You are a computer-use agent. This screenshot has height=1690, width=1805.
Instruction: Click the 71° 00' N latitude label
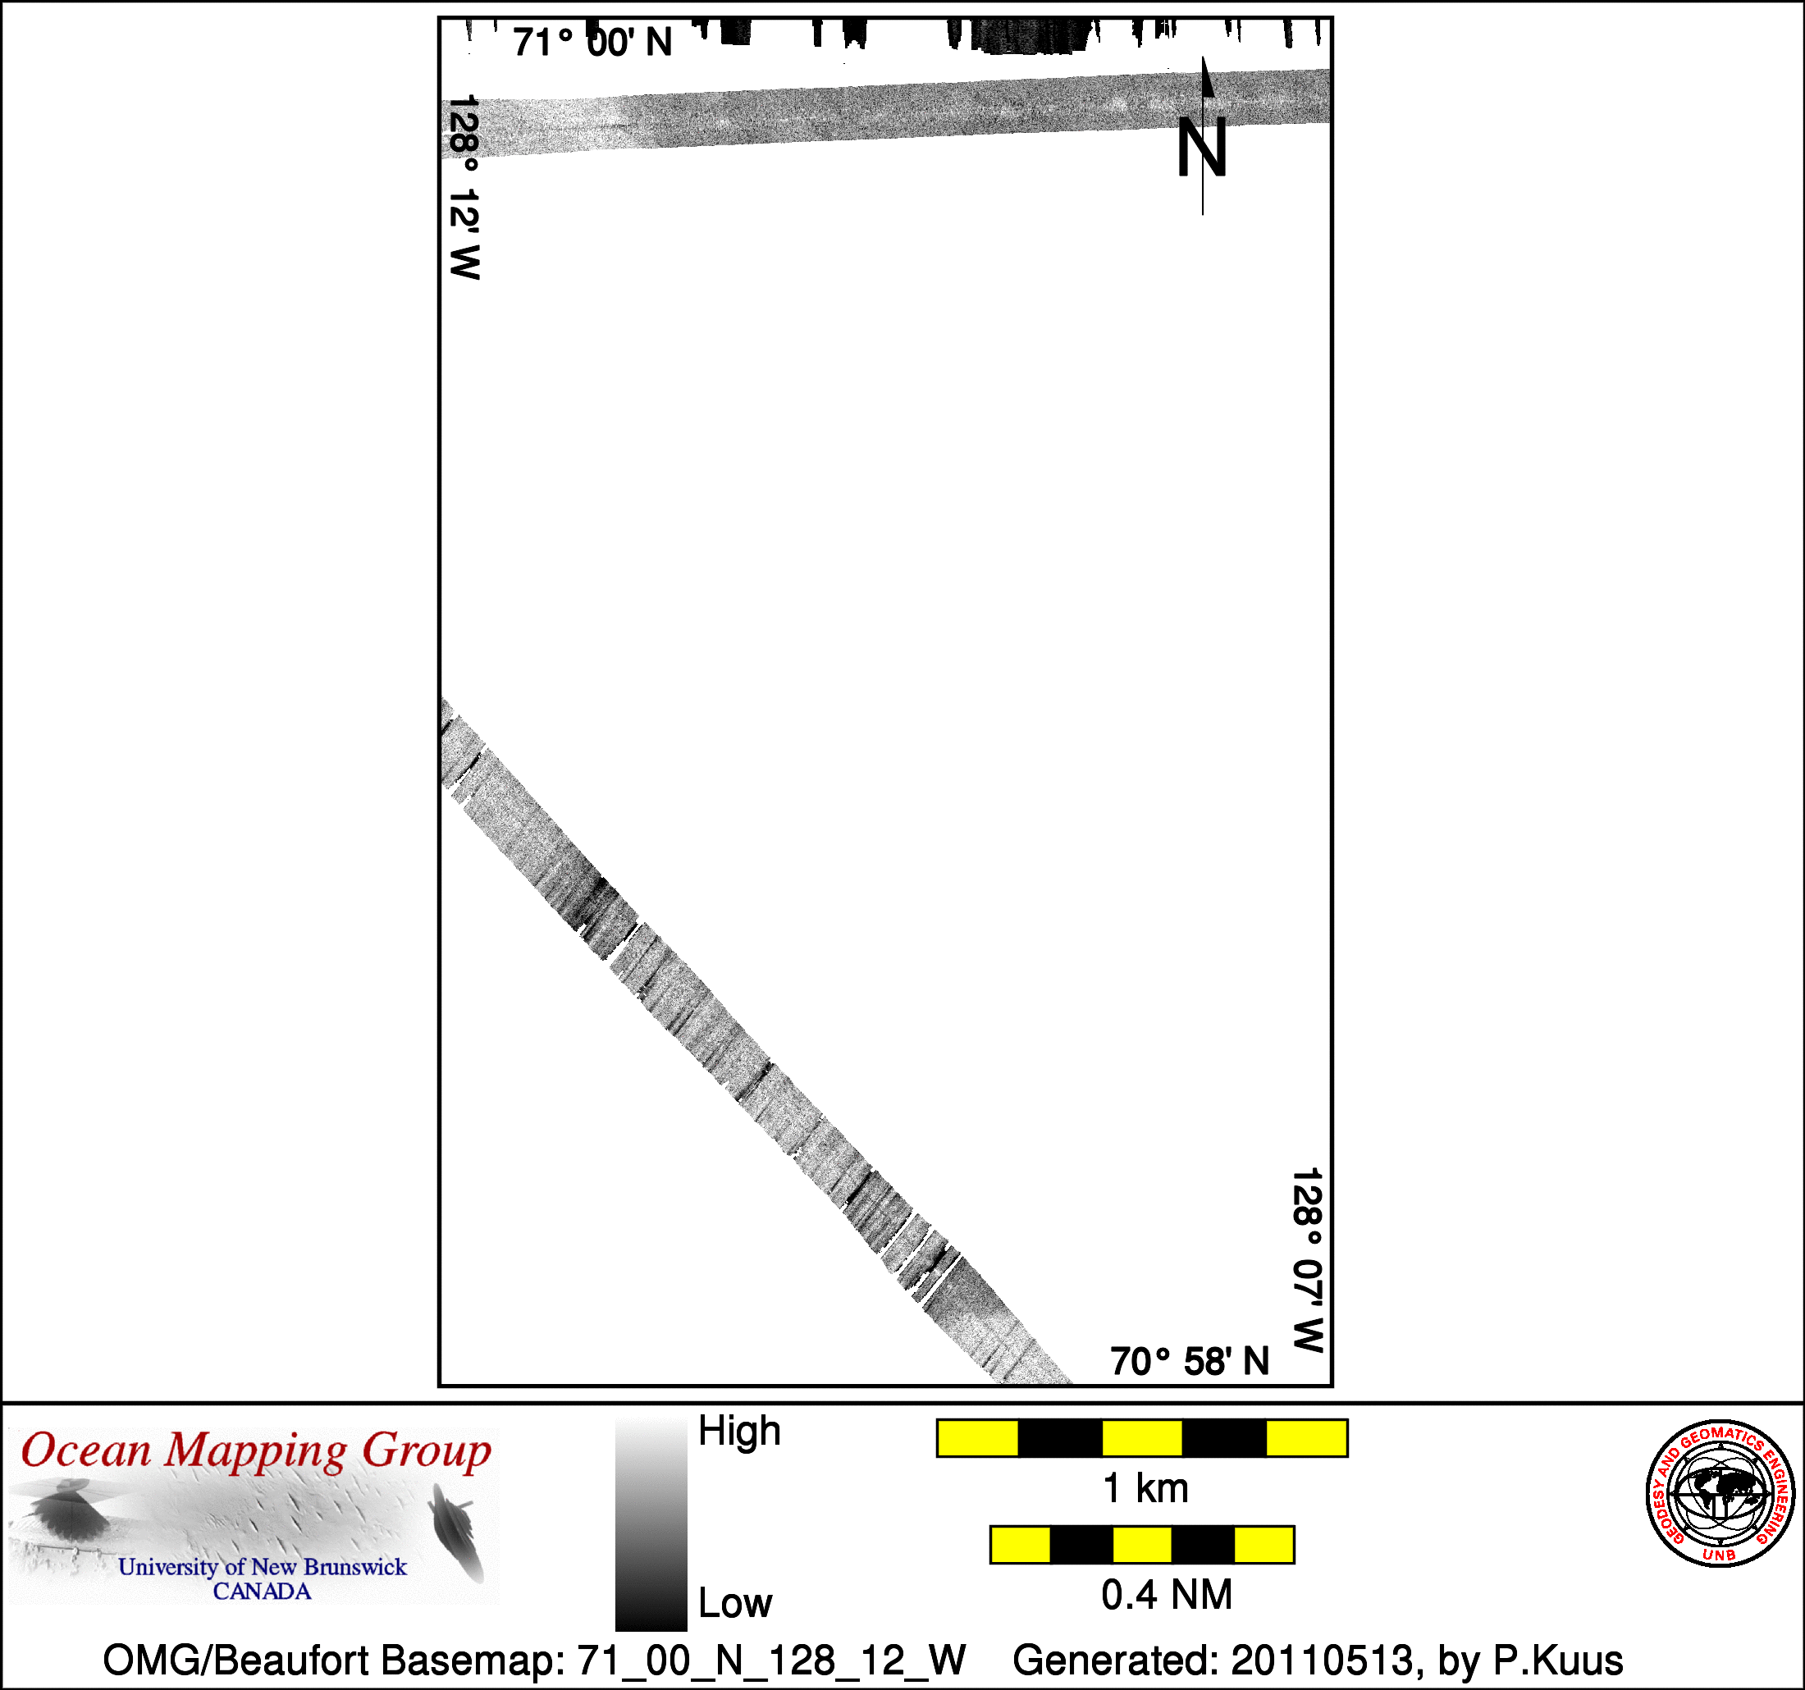(x=592, y=43)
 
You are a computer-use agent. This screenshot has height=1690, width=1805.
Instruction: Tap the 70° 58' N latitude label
(x=1190, y=1361)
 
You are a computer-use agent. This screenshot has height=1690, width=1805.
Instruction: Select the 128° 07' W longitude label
(x=1308, y=1260)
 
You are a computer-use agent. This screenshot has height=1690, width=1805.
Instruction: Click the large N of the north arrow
(x=1201, y=147)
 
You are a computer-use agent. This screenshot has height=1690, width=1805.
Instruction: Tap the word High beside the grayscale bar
(x=739, y=1432)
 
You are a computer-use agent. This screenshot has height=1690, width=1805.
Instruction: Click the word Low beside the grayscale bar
(x=735, y=1603)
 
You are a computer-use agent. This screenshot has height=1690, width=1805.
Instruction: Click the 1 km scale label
(x=1145, y=1488)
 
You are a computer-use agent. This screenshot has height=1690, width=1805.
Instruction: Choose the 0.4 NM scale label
(x=1167, y=1595)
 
